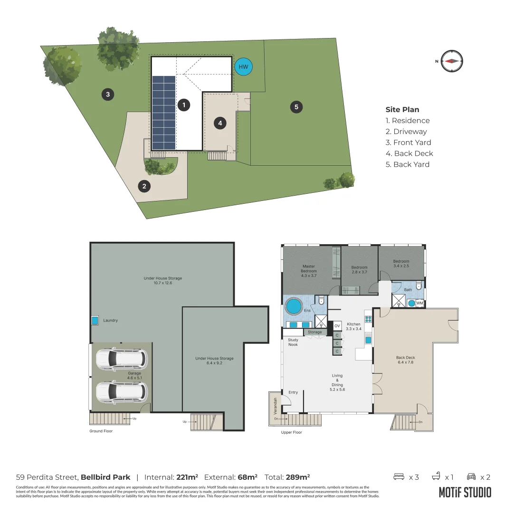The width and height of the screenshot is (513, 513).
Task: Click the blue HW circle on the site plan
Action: pos(244,66)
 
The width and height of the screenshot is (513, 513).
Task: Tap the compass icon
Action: pos(451,61)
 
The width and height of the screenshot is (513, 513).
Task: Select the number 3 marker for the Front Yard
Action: pos(108,94)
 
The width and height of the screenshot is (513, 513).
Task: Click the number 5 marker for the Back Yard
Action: pos(296,107)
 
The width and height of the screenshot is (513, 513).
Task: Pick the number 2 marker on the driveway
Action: pos(144,186)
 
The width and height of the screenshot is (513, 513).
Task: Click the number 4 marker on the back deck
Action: pos(220,123)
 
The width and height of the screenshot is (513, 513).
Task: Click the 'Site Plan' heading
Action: pos(402,110)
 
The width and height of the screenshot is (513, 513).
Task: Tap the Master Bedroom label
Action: pos(309,271)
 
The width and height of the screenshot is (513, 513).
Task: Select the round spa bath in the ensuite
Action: pos(294,305)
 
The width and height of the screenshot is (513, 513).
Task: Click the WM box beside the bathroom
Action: pos(419,303)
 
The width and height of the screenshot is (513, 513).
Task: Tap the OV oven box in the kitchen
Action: pos(337,326)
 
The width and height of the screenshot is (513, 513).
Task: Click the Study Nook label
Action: pos(293,342)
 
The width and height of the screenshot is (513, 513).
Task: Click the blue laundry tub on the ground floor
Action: pos(95,321)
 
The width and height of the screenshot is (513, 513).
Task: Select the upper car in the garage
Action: pos(122,359)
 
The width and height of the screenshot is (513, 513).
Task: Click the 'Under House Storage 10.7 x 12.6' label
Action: pos(163,281)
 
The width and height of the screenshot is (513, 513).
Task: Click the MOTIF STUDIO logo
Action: pos(465,492)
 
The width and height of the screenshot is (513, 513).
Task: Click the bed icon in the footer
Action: pos(399,476)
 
